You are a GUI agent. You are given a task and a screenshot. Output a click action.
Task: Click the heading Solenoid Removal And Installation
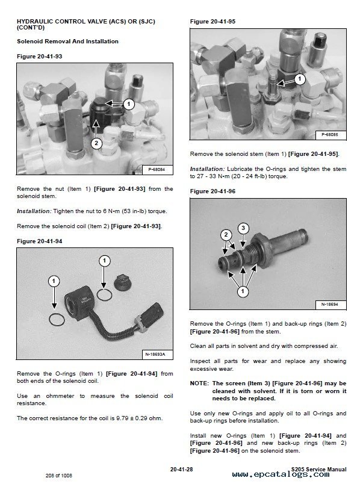[67, 41]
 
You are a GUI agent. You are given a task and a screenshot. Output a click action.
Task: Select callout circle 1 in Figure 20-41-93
[128, 104]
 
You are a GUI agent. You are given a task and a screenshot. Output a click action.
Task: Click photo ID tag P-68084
[156, 170]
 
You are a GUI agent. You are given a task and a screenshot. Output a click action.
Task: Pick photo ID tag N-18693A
[155, 353]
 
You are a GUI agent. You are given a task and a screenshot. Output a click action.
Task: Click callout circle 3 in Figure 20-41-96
[243, 228]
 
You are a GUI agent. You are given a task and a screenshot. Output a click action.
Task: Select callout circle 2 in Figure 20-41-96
[226, 234]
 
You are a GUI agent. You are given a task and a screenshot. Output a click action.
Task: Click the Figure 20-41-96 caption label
[212, 191]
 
